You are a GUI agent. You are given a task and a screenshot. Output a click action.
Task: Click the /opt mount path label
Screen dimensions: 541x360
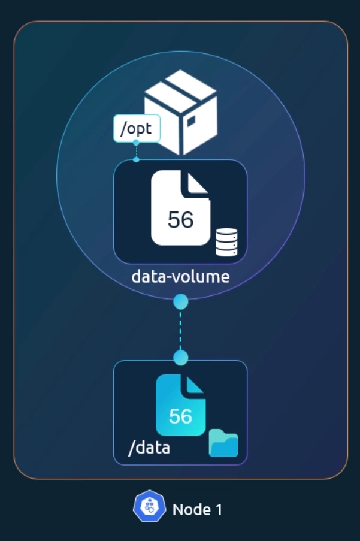pyautogui.click(x=136, y=128)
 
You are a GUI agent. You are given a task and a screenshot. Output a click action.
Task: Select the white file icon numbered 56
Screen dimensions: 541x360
pyautogui.click(x=180, y=208)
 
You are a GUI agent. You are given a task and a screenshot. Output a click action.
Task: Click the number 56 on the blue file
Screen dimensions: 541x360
pyautogui.click(x=180, y=416)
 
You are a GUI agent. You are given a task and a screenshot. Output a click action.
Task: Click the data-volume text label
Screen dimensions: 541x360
pyautogui.click(x=180, y=277)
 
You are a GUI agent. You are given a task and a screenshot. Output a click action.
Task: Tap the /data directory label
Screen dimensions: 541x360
pyautogui.click(x=149, y=447)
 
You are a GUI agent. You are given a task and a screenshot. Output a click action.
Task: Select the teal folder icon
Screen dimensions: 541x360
pyautogui.click(x=223, y=444)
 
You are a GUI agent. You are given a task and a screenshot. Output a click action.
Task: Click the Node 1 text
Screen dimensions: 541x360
pyautogui.click(x=197, y=510)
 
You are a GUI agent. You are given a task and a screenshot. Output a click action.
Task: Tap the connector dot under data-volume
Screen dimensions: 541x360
pyautogui.click(x=180, y=302)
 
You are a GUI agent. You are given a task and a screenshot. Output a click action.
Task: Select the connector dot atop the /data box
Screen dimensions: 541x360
pyautogui.click(x=180, y=358)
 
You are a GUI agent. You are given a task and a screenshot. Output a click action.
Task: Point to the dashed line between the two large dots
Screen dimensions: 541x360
pyautogui.click(x=180, y=330)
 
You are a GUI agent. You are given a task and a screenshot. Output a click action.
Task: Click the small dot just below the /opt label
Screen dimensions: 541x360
pyautogui.click(x=136, y=143)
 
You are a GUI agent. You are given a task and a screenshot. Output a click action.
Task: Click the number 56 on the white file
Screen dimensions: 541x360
pyautogui.click(x=180, y=220)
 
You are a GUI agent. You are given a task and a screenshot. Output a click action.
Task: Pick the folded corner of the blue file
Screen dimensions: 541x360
pyautogui.click(x=195, y=385)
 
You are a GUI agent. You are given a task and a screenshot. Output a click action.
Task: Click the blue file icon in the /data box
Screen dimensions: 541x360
pyautogui.click(x=180, y=406)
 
